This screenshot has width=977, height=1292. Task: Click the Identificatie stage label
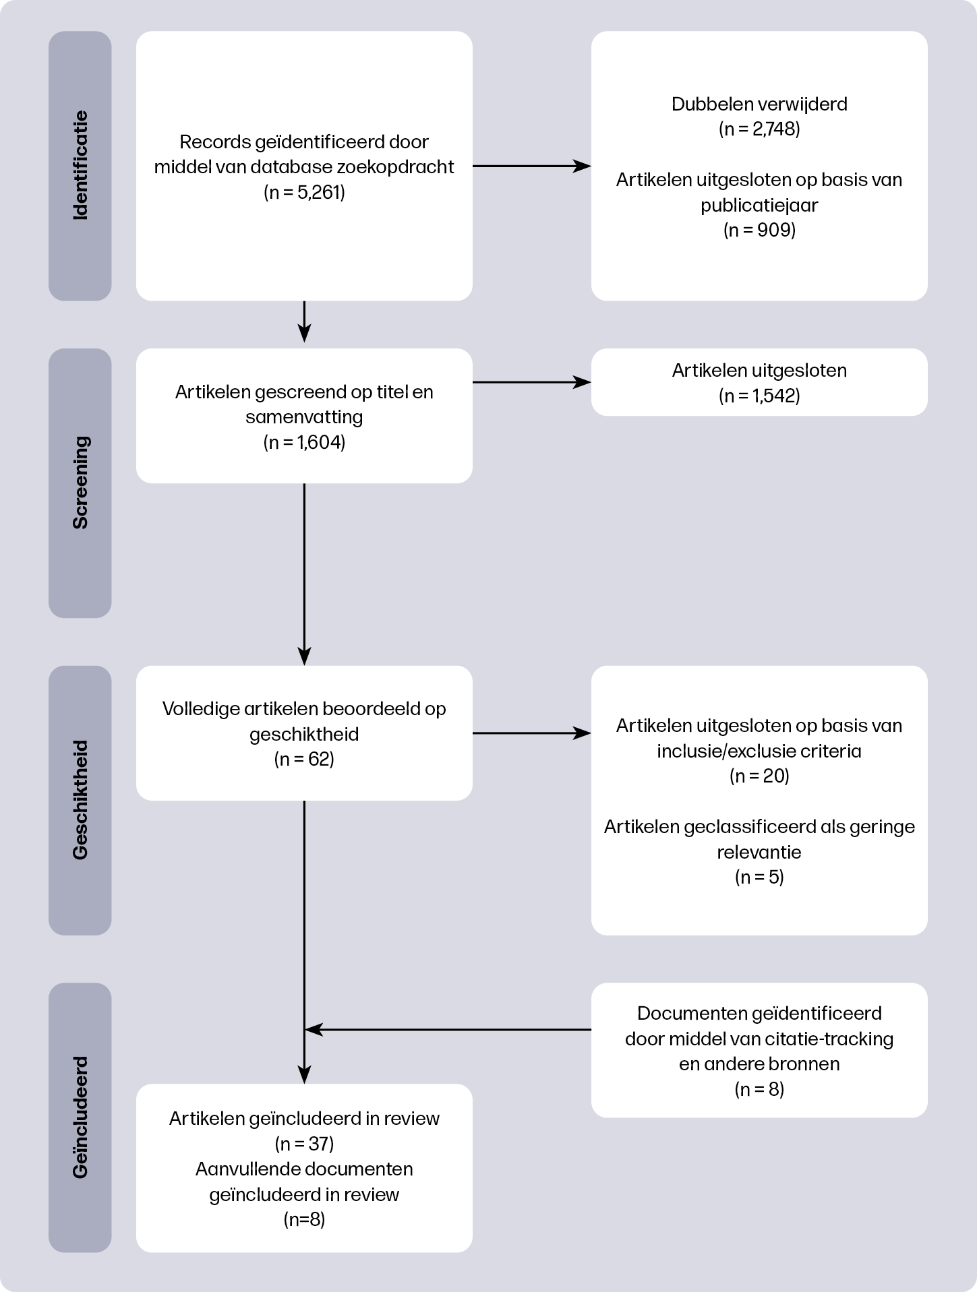pyautogui.click(x=80, y=165)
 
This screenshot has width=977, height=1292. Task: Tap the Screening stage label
pyautogui.click(x=80, y=483)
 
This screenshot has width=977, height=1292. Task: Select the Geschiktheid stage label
pyautogui.click(x=80, y=800)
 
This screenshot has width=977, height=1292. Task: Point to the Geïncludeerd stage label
pyautogui.click(x=80, y=1117)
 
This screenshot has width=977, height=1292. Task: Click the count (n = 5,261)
pyautogui.click(x=304, y=193)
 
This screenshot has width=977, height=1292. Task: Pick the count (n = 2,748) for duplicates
pyautogui.click(x=759, y=129)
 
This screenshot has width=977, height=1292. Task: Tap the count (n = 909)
pyautogui.click(x=759, y=230)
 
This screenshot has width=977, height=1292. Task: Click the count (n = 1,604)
pyautogui.click(x=304, y=443)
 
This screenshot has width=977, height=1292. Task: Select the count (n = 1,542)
pyautogui.click(x=759, y=396)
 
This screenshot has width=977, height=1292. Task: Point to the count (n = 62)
pyautogui.click(x=304, y=760)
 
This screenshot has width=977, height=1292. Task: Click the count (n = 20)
pyautogui.click(x=759, y=776)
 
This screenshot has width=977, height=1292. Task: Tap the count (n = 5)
pyautogui.click(x=759, y=878)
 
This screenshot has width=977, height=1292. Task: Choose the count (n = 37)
pyautogui.click(x=304, y=1144)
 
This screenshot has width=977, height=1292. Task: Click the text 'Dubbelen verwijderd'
pyautogui.click(x=759, y=104)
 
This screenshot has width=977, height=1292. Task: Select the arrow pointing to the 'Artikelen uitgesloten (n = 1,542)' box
pyautogui.click(x=531, y=382)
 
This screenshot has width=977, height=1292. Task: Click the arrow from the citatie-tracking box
pyautogui.click(x=448, y=1029)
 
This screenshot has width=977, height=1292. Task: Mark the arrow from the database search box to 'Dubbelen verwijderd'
pyautogui.click(x=531, y=166)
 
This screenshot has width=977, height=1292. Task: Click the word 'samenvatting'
pyautogui.click(x=304, y=417)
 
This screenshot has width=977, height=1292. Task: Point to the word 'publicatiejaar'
pyautogui.click(x=759, y=206)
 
